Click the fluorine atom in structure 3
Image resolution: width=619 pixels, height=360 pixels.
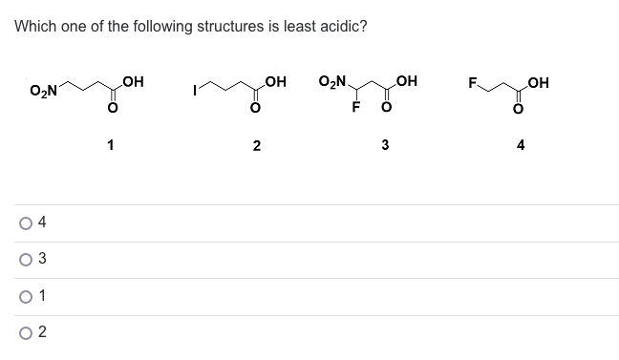[354, 105]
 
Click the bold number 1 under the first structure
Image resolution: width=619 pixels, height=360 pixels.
[112, 145]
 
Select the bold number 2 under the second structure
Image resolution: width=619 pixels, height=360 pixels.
[256, 146]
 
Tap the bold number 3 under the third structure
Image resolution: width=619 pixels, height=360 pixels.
[385, 146]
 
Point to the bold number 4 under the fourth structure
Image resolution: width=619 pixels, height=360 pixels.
[521, 146]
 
